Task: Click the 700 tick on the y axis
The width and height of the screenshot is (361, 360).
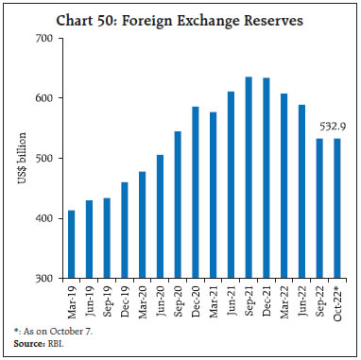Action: coord(41,38)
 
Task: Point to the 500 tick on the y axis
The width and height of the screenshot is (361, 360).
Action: coord(41,158)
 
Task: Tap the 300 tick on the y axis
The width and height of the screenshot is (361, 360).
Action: coord(41,279)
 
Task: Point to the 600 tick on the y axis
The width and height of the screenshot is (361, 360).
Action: coord(41,98)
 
